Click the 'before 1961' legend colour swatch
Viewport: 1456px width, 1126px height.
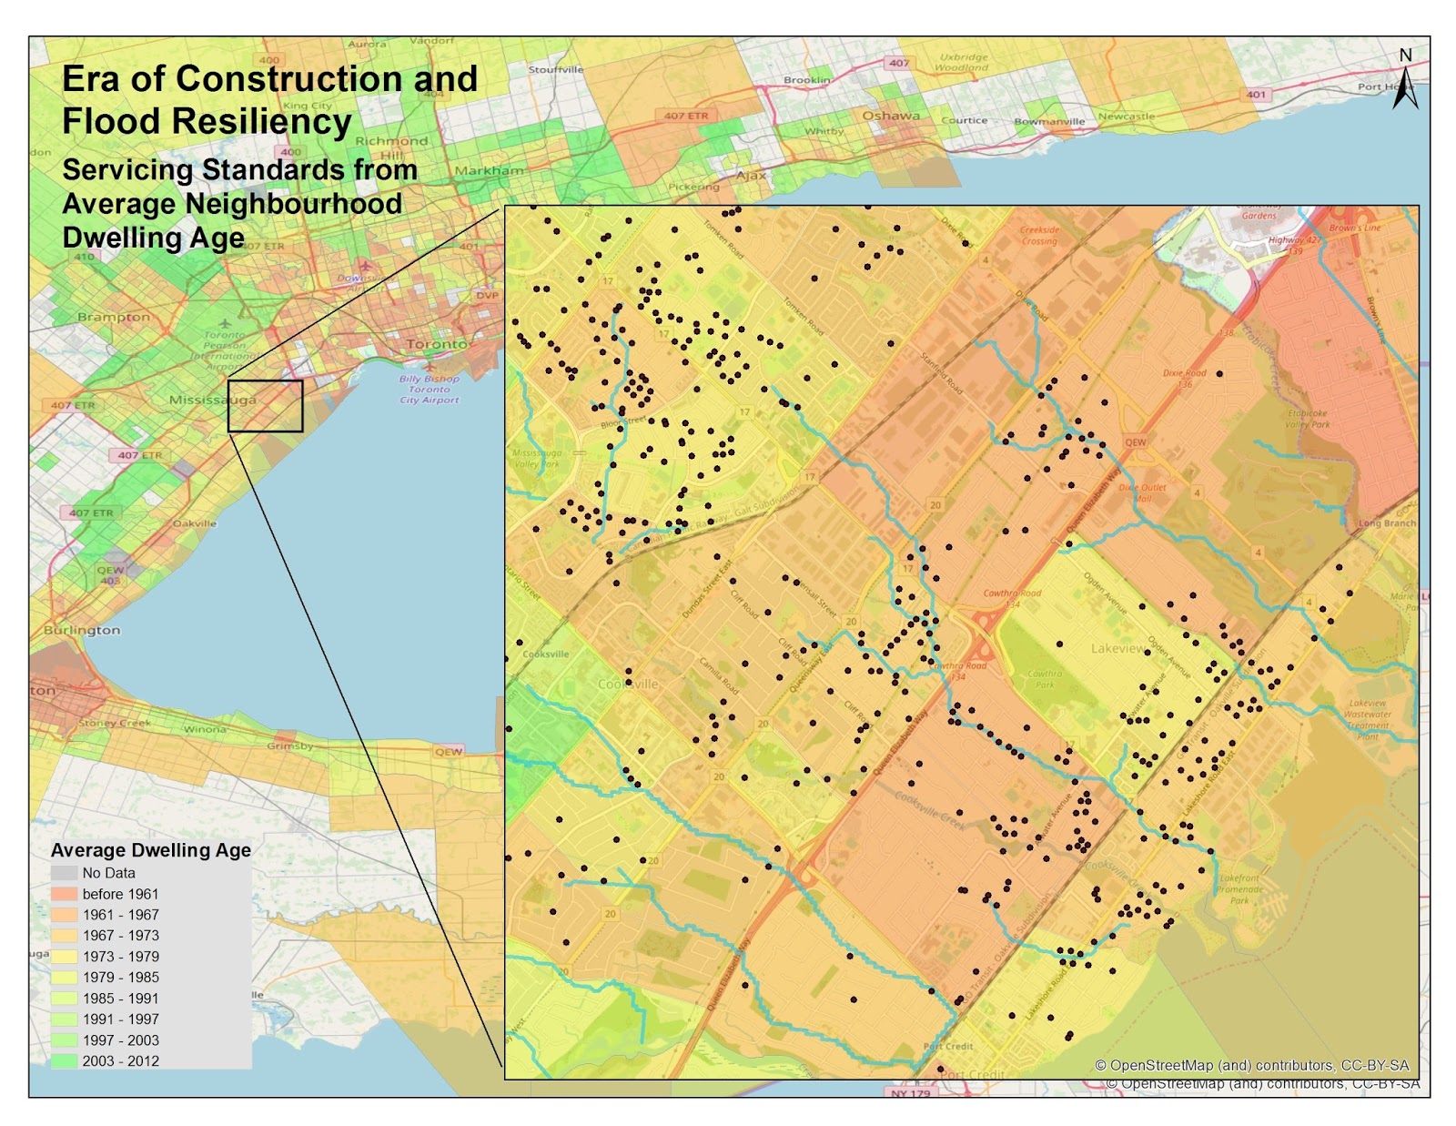[x=64, y=894]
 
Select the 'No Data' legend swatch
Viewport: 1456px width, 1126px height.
[x=64, y=873]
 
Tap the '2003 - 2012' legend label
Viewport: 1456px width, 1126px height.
[x=120, y=1061]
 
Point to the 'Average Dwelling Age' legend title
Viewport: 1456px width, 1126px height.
[x=150, y=850]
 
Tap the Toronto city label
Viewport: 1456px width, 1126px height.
[x=437, y=344]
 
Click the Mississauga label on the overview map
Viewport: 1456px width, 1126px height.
[x=212, y=400]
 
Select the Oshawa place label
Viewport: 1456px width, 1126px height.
[x=890, y=116]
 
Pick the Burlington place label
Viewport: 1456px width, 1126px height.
[x=81, y=630]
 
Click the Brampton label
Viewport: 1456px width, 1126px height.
[x=114, y=317]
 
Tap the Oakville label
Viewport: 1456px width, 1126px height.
[x=195, y=523]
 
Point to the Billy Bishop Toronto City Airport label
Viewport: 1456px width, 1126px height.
[x=429, y=390]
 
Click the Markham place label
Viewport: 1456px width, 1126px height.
[x=489, y=170]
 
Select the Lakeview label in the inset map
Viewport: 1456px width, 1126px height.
[x=1118, y=648]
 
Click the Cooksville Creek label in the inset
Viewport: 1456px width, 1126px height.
[x=929, y=808]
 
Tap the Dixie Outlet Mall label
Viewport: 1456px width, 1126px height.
[x=1143, y=492]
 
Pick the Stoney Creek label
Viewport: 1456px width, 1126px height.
[x=115, y=723]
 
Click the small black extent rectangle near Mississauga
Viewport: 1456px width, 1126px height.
[x=265, y=406]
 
